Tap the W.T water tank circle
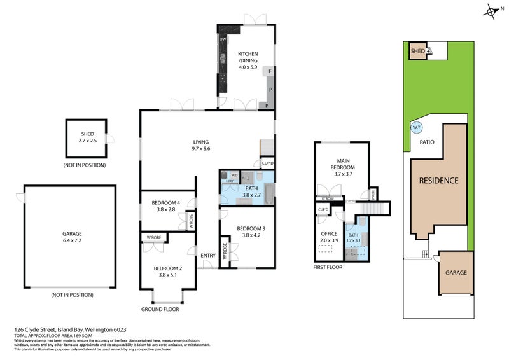[x=417, y=127]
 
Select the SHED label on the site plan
[x=417, y=51]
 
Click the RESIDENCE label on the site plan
[x=438, y=181]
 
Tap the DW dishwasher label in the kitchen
[x=223, y=40]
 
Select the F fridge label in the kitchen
[x=270, y=72]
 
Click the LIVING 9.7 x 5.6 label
[x=201, y=146]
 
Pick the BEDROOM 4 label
[x=166, y=206]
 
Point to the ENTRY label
[x=208, y=256]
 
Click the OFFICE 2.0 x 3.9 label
[x=330, y=237]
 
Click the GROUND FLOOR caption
[x=160, y=310]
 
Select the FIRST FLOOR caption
[x=328, y=268]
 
